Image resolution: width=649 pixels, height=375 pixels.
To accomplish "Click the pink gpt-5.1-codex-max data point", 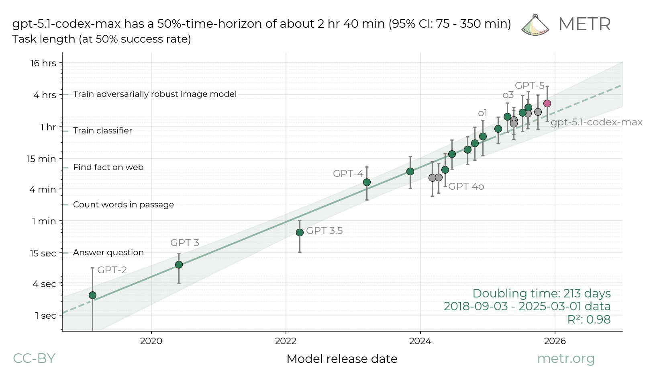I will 547,104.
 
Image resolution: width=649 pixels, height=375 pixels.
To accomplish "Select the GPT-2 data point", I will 92,295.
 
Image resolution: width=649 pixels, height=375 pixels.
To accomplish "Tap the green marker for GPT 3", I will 179,264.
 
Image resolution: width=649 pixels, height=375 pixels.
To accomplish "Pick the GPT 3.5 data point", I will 300,233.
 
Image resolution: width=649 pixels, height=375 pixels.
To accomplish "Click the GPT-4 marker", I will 367,182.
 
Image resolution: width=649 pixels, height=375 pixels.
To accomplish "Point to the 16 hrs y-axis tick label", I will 43,63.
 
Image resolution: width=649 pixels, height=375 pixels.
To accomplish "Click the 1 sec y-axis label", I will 45,316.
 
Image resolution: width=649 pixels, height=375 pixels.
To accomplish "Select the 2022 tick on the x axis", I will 286,341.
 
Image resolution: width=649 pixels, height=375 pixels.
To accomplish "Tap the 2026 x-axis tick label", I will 555,341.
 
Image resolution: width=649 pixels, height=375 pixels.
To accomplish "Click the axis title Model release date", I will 342,359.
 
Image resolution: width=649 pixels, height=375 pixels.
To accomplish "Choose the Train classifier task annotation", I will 102,131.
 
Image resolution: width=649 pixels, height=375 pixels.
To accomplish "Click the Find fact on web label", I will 108,167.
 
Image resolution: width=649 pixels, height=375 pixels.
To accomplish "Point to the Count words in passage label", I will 123,205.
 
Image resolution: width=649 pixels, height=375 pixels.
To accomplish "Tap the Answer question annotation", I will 108,252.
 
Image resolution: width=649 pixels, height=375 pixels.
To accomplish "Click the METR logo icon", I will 535,25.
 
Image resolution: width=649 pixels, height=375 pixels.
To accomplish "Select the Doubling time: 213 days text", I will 541,293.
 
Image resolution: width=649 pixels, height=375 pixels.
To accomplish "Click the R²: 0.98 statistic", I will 589,320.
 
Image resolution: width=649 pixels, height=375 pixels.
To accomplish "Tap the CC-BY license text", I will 34,359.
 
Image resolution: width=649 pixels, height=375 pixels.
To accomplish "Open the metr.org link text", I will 565,359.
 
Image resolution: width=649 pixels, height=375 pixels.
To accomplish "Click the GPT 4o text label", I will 466,186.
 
